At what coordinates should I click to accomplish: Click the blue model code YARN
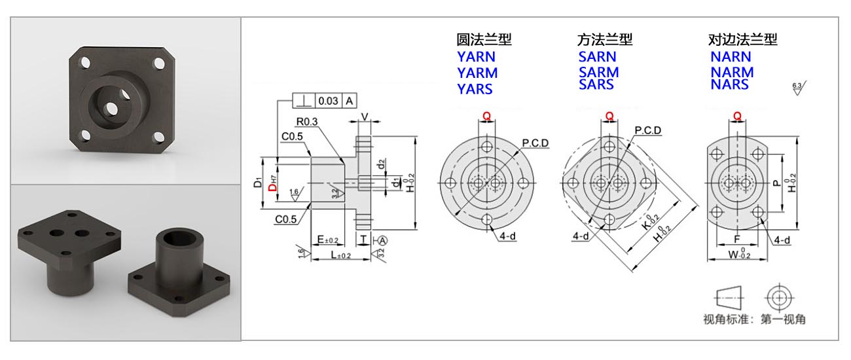(x=476, y=56)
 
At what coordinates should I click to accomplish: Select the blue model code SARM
(x=598, y=72)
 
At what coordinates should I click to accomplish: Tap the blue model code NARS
(x=729, y=84)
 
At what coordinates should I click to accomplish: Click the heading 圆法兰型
(x=484, y=40)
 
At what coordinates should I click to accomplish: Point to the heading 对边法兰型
(x=738, y=40)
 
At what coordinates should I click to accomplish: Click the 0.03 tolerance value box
(x=327, y=101)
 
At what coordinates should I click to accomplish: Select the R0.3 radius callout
(x=307, y=121)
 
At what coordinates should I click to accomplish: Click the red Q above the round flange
(x=486, y=116)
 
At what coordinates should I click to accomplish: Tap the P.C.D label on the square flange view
(x=647, y=130)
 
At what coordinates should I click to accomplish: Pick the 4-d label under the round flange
(x=507, y=236)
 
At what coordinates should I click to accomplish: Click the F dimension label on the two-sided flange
(x=737, y=239)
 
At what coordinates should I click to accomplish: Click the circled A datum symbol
(x=384, y=240)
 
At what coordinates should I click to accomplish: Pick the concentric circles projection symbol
(x=778, y=298)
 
